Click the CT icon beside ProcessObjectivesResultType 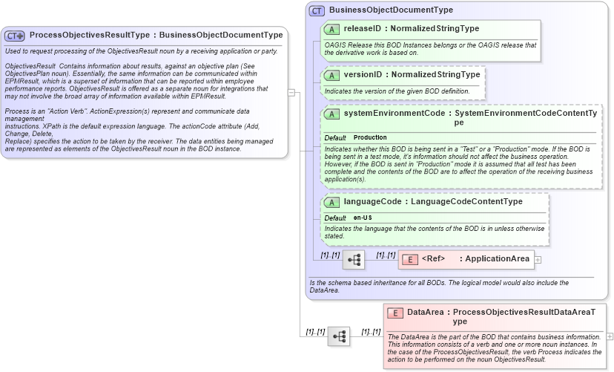tap(15, 35)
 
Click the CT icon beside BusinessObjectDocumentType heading tap(317, 10)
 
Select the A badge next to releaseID tap(332, 29)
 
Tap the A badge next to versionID tap(332, 75)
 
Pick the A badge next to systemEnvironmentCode tap(332, 114)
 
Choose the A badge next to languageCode tap(332, 202)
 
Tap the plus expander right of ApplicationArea tap(538, 260)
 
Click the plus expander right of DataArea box tap(610, 336)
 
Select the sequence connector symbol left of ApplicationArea tap(353, 260)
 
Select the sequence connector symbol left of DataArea tap(339, 336)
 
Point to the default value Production tap(370, 138)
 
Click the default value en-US tap(363, 217)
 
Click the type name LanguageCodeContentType tap(466, 202)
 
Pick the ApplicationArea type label tap(498, 259)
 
